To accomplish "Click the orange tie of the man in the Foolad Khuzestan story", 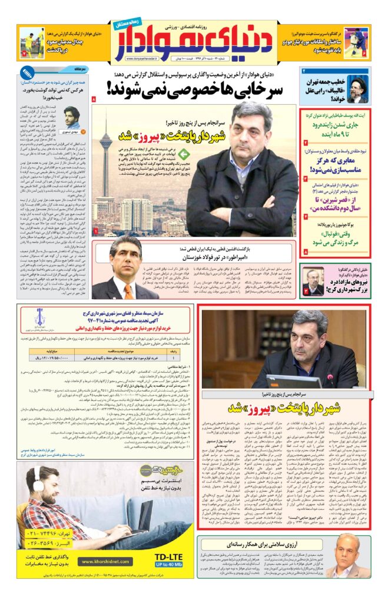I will [128, 290].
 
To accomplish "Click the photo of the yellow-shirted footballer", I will [31, 43].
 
